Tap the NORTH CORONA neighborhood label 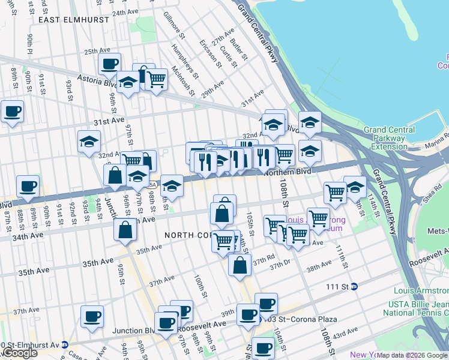click(180, 235)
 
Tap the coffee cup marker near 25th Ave click(109, 64)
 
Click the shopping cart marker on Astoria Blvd click(156, 78)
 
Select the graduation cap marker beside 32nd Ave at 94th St click(89, 142)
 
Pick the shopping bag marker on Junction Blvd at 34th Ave click(125, 230)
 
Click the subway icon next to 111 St click(354, 287)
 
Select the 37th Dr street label click(280, 266)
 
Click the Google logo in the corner click(19, 353)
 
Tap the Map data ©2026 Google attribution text click(412, 355)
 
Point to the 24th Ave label click(125, 12)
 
